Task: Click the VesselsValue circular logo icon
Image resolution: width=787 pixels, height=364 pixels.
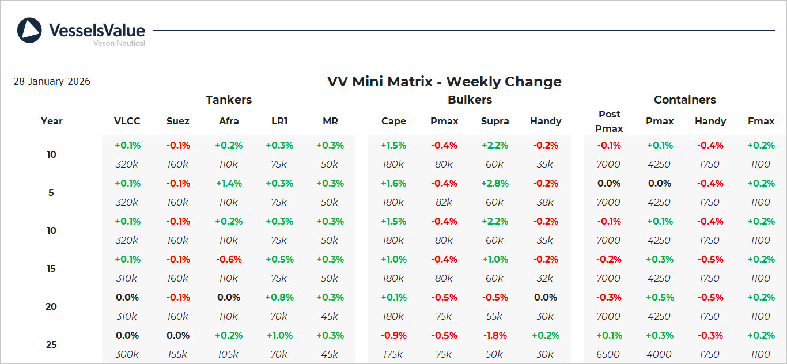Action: (x=29, y=31)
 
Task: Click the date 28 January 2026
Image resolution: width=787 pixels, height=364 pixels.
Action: (x=52, y=82)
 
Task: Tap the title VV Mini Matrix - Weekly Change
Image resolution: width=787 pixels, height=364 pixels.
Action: (x=444, y=82)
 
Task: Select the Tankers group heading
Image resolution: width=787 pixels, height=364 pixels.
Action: (x=229, y=100)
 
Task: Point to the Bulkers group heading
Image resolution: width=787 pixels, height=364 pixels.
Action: (x=470, y=100)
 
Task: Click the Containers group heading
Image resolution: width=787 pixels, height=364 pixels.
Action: (x=684, y=100)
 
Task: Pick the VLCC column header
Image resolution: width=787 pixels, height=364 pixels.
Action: (x=127, y=121)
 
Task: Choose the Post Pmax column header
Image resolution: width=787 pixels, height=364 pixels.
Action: (x=609, y=121)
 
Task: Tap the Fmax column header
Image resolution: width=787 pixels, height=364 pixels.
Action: (x=760, y=121)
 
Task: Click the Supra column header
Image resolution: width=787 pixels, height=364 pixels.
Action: (x=495, y=121)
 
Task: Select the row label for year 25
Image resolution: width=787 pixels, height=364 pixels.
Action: (x=51, y=344)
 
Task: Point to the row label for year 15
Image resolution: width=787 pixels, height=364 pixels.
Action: (x=51, y=268)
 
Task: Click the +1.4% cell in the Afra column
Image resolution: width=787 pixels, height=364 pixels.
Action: (x=229, y=183)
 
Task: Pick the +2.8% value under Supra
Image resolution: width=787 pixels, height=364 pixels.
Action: (x=495, y=183)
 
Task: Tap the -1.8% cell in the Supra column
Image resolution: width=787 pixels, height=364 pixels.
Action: (x=495, y=335)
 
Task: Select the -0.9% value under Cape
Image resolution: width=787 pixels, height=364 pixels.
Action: (x=393, y=335)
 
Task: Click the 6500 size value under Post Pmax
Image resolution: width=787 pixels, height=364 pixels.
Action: (x=608, y=354)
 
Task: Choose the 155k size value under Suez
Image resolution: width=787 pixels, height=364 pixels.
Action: (x=177, y=354)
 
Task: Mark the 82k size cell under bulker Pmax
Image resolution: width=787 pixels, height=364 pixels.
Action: (x=444, y=202)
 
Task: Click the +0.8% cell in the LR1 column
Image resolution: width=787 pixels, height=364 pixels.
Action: (x=279, y=297)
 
